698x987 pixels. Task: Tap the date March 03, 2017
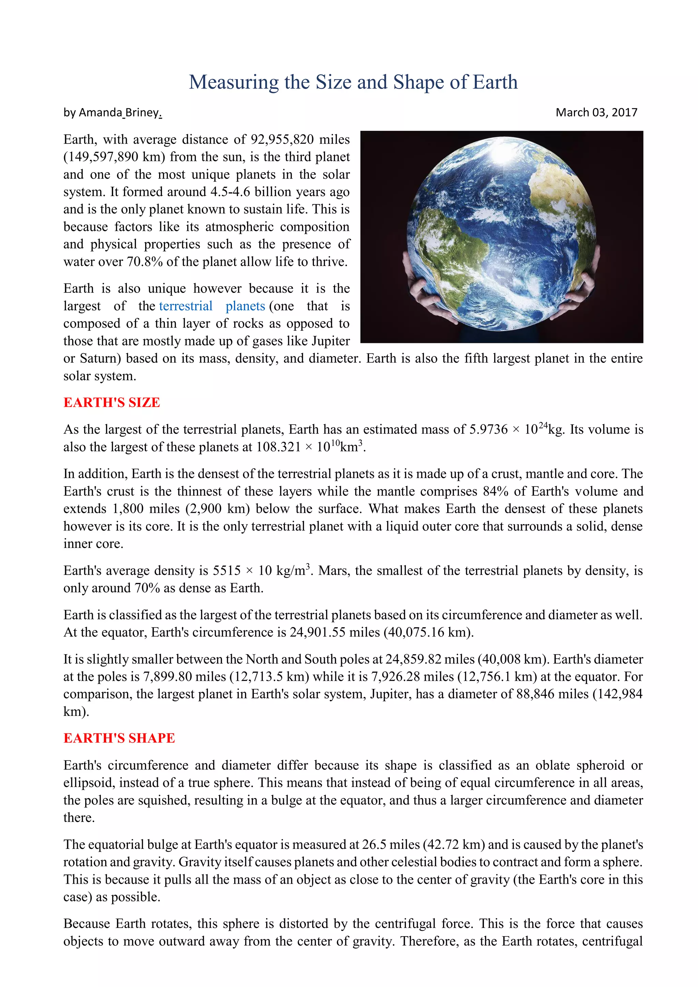(x=596, y=113)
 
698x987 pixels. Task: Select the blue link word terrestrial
(x=186, y=306)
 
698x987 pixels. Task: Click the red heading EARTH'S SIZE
(x=112, y=402)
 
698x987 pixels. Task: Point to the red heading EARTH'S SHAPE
(x=119, y=738)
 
